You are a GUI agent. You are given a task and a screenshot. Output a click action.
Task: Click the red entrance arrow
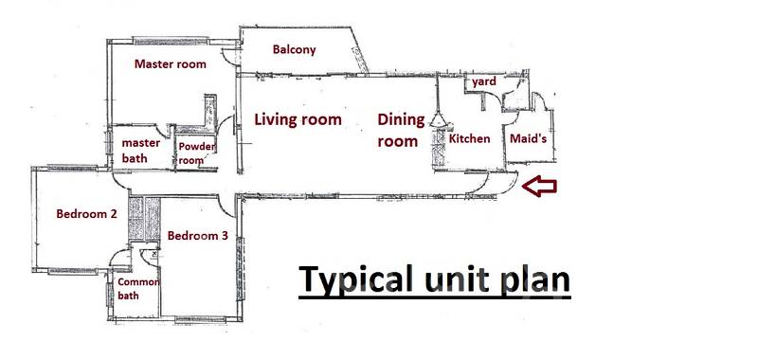(x=539, y=186)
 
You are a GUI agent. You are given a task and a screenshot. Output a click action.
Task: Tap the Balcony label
(x=294, y=49)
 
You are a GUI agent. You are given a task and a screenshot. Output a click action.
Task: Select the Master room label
(x=171, y=63)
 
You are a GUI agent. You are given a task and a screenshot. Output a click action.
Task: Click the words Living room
(x=298, y=119)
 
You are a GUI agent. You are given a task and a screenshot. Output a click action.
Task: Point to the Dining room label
(x=401, y=131)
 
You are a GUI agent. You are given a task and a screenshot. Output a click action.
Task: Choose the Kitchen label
(x=469, y=138)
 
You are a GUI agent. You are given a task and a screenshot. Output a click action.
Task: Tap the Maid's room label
(x=529, y=138)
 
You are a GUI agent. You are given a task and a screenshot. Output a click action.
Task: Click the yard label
(x=484, y=82)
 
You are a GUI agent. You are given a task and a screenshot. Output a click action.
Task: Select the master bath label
(x=140, y=151)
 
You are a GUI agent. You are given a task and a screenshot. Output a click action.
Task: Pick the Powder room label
(x=197, y=153)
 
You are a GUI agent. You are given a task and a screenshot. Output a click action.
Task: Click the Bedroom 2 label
(x=86, y=213)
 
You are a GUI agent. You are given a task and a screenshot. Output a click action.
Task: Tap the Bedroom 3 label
(x=198, y=236)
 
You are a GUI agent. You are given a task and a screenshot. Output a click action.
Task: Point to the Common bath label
(x=138, y=289)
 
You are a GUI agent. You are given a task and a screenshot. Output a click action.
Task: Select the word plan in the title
(x=535, y=279)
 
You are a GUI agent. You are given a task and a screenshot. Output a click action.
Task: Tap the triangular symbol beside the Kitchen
(x=438, y=119)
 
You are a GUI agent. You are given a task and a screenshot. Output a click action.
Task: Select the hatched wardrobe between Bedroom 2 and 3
(x=145, y=218)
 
